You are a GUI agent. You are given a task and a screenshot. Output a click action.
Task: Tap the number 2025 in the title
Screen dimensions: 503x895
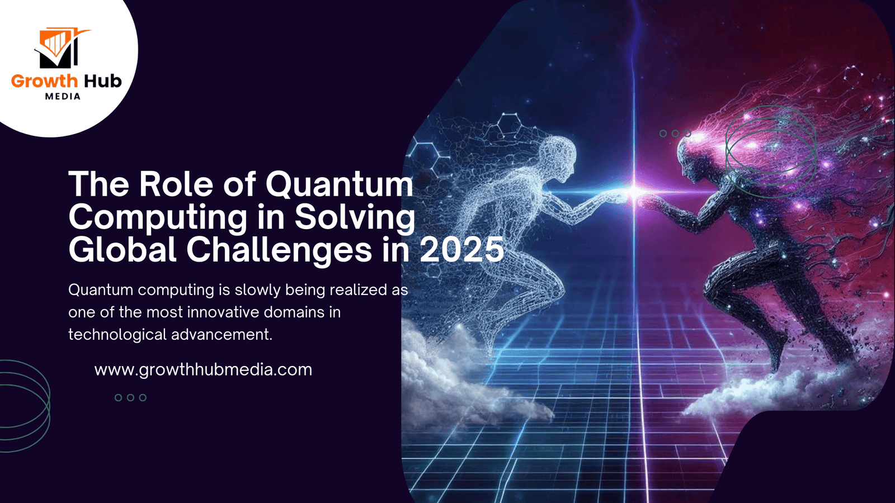coord(462,250)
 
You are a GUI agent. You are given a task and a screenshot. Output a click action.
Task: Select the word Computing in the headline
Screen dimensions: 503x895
coord(158,218)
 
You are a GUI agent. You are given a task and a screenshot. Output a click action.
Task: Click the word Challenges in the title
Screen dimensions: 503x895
coord(279,250)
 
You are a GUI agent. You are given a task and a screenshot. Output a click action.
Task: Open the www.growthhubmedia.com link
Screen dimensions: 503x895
coord(203,370)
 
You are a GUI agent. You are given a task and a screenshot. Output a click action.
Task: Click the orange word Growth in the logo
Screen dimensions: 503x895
coord(44,82)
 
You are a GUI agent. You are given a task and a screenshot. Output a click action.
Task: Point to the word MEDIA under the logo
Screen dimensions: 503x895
coord(63,97)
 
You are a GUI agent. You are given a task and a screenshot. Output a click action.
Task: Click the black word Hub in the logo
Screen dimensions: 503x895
coord(102,82)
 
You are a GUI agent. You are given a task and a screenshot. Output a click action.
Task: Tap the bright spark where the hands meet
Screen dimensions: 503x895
coord(635,192)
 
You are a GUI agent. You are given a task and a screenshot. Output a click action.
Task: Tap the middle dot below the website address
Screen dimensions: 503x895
coord(130,398)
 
